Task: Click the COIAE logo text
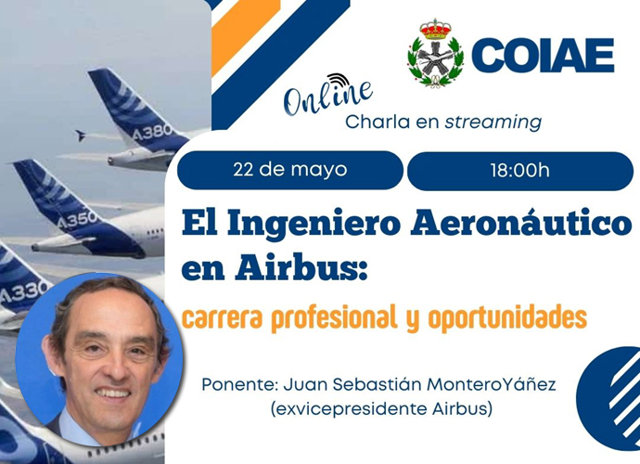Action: tap(543, 56)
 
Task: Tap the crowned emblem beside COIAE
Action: tap(436, 52)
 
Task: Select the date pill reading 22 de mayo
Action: tap(290, 170)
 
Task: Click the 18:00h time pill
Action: tap(520, 171)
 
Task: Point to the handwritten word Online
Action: tap(328, 96)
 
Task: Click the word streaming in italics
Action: tap(493, 122)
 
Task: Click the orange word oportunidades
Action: tap(507, 317)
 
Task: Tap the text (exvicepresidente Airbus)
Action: tap(381, 409)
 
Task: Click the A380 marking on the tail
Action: tap(152, 133)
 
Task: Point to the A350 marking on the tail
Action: tap(78, 221)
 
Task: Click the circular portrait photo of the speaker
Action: tap(99, 360)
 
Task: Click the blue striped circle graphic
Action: tap(609, 398)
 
